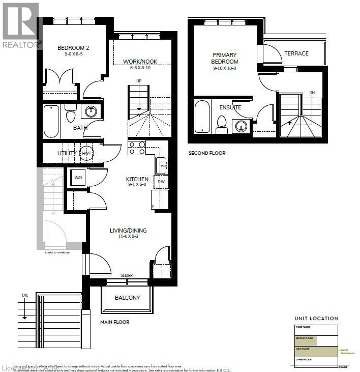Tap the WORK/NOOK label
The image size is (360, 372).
click(x=140, y=62)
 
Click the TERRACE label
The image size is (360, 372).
click(x=296, y=53)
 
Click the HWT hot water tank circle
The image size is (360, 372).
click(x=86, y=153)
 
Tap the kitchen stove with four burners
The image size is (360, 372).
click(x=137, y=148)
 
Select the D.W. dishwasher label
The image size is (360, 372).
click(x=161, y=182)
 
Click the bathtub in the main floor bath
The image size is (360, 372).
click(x=51, y=121)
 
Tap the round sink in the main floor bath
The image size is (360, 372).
click(x=91, y=111)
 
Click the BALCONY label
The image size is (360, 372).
click(x=127, y=298)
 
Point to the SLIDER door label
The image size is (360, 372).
click(x=127, y=275)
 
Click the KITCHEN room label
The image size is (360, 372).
click(x=137, y=179)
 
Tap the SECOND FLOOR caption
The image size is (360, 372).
click(x=206, y=153)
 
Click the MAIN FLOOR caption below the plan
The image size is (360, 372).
click(x=114, y=322)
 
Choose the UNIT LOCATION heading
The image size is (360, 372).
click(x=316, y=319)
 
